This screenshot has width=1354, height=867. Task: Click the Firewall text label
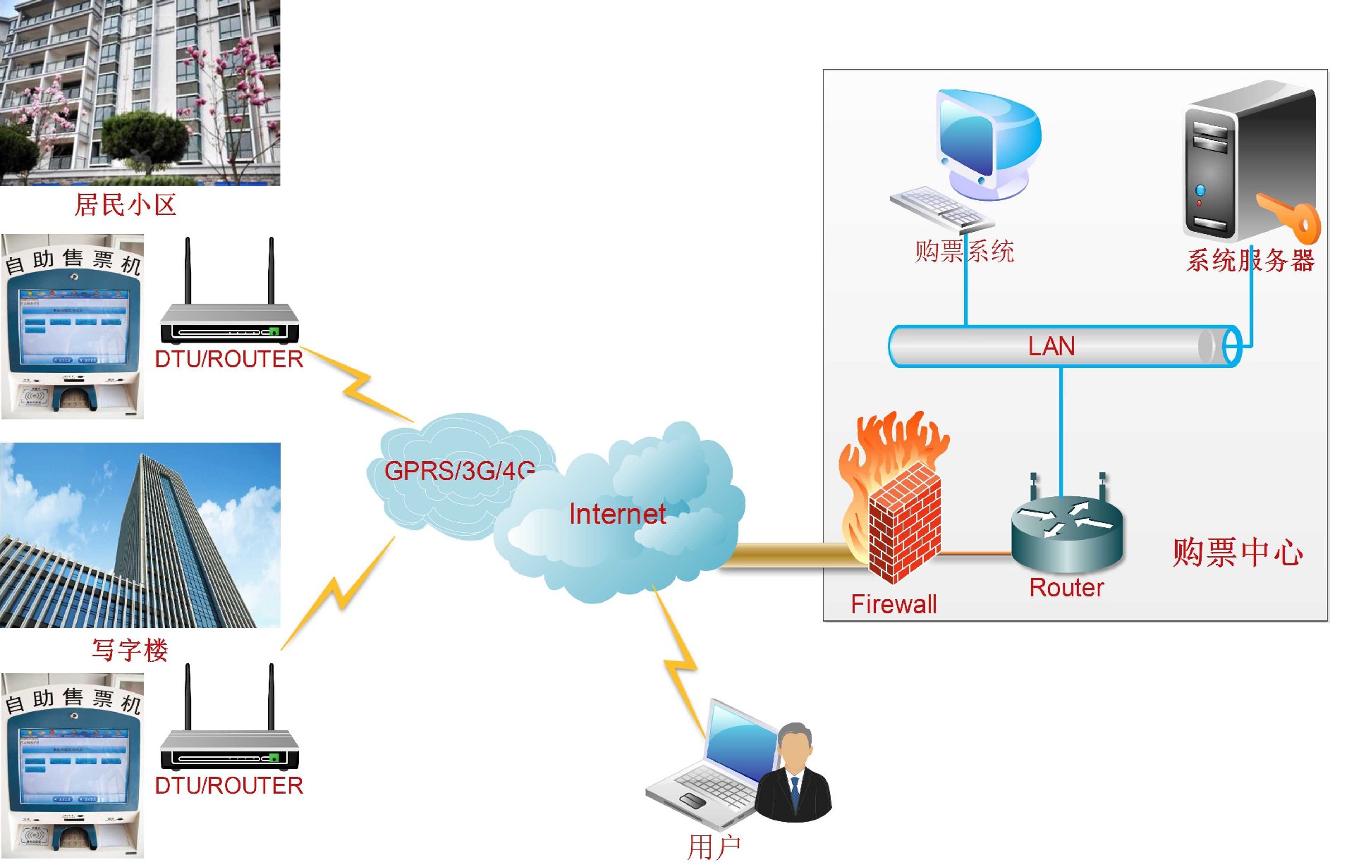[x=893, y=604]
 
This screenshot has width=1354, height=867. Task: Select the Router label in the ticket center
[x=1066, y=587]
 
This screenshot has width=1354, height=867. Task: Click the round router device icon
[x=1066, y=532]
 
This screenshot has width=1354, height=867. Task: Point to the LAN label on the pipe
[x=1051, y=346]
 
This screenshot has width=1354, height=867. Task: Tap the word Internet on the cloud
[x=617, y=514]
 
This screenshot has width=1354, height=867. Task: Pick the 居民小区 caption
[x=126, y=205]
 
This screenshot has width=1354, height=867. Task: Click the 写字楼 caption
[x=130, y=649]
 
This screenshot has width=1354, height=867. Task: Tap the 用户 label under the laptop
[x=714, y=847]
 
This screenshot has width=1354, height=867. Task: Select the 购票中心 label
[x=1238, y=552]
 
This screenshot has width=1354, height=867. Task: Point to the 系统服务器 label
[x=1250, y=261]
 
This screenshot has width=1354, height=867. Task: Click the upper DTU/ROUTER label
[x=228, y=359]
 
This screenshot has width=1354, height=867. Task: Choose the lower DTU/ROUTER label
[x=228, y=785]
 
